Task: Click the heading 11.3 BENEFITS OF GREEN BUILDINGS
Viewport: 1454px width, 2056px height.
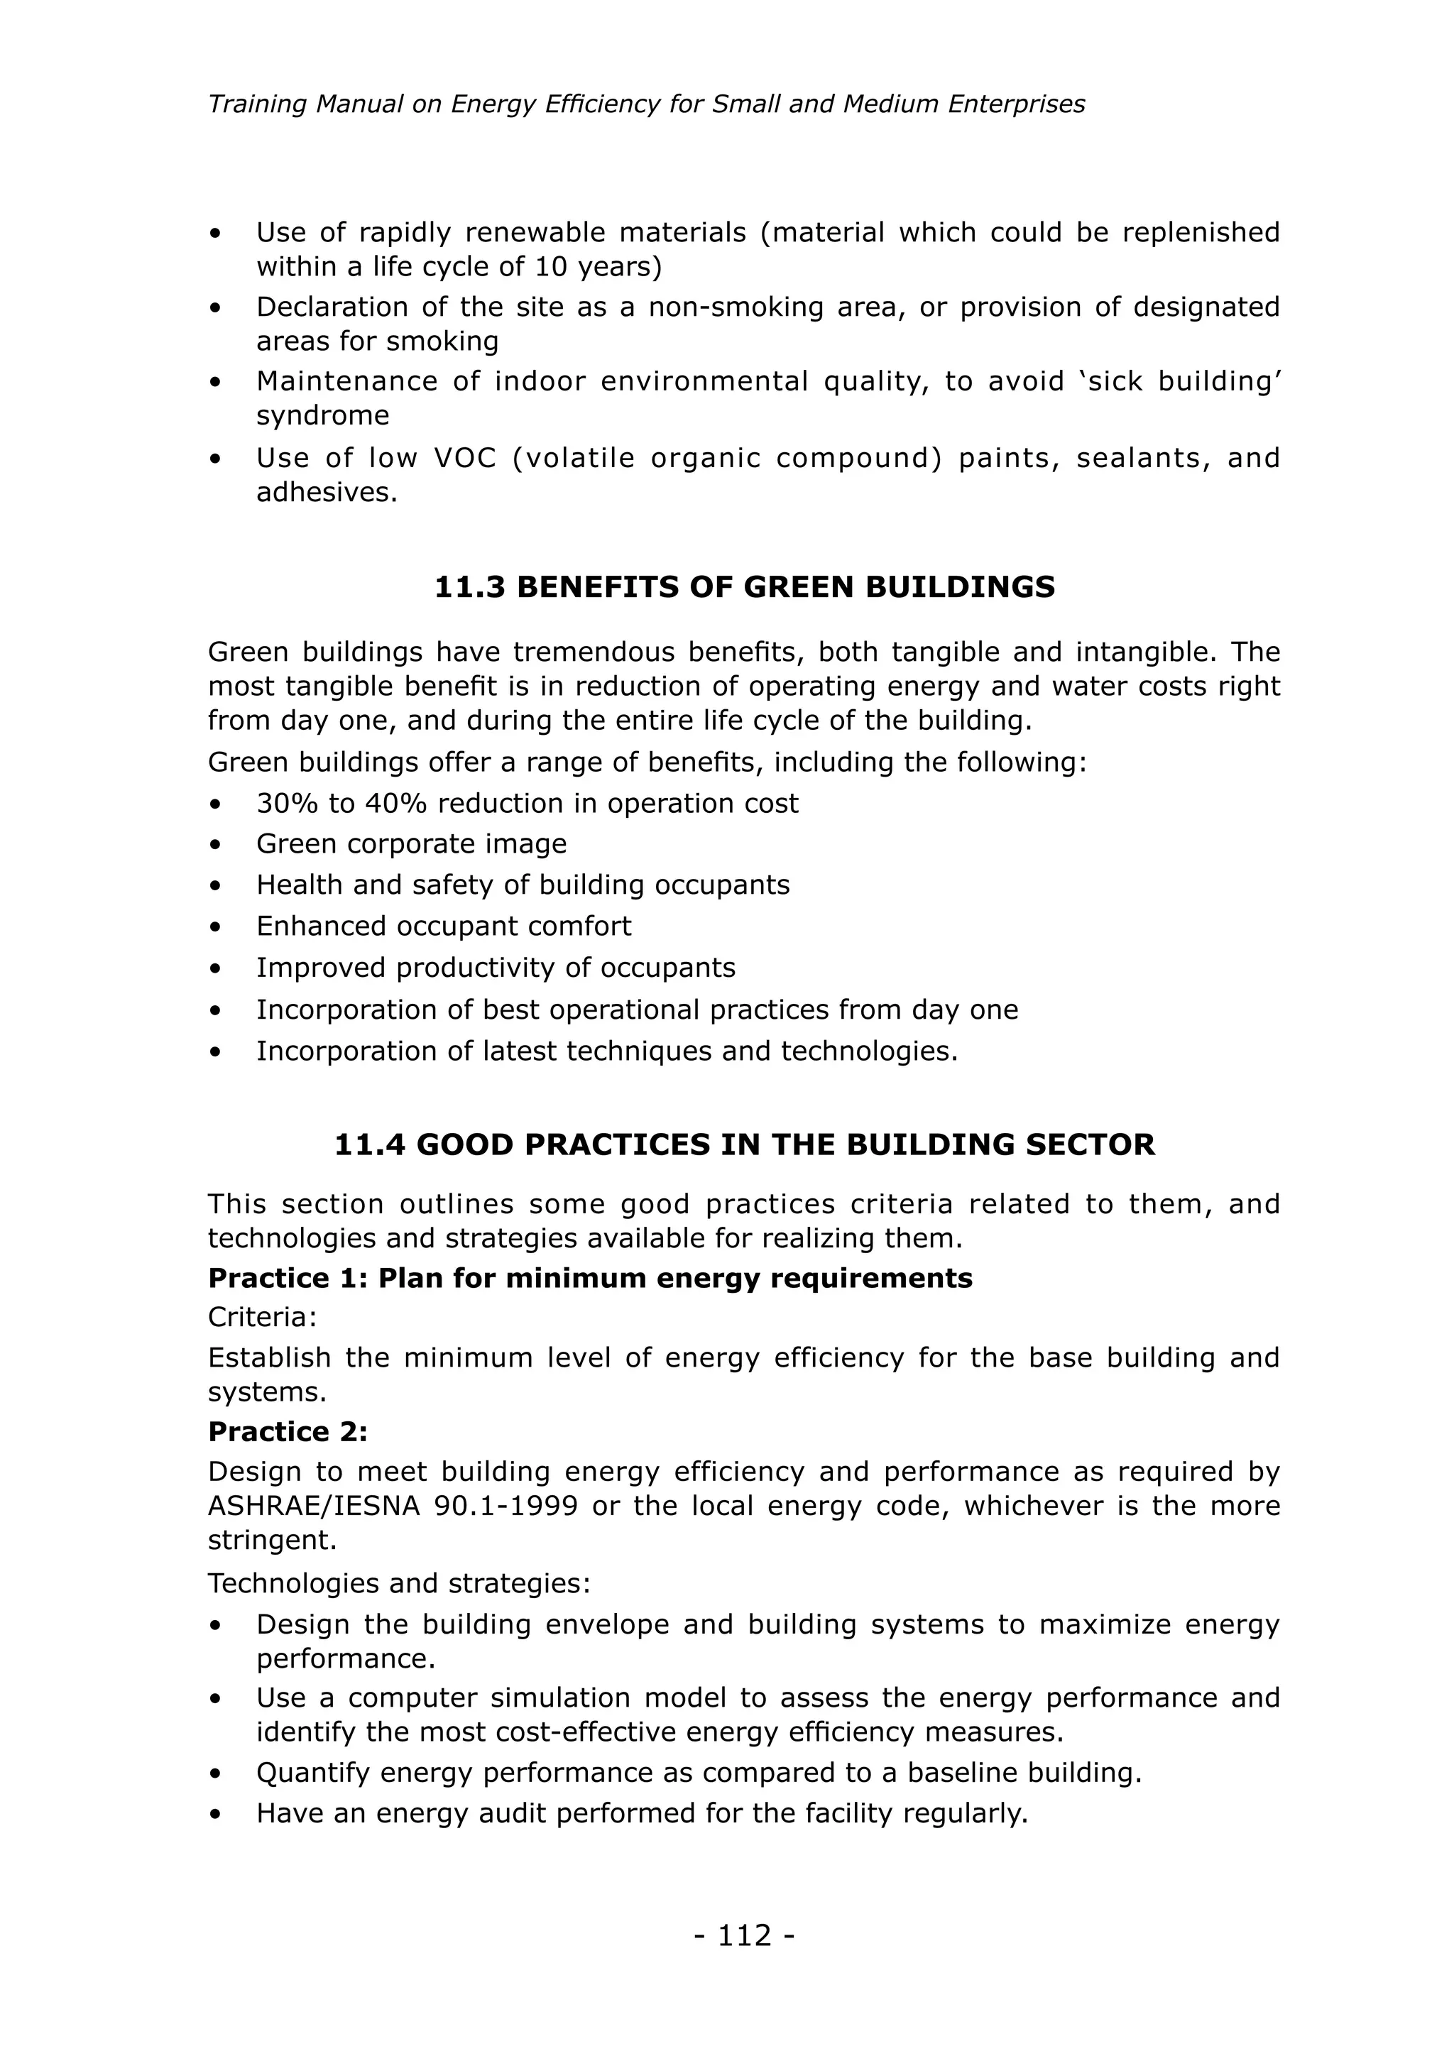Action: coord(744,587)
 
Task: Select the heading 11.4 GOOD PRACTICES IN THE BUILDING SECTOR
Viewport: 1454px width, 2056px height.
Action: coord(744,1144)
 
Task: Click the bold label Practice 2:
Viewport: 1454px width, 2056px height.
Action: coord(288,1432)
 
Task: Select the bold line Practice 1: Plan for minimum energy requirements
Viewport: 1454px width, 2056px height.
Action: coord(589,1278)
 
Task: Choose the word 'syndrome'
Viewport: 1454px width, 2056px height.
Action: coord(322,415)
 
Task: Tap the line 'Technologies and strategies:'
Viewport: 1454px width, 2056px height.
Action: coord(398,1583)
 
